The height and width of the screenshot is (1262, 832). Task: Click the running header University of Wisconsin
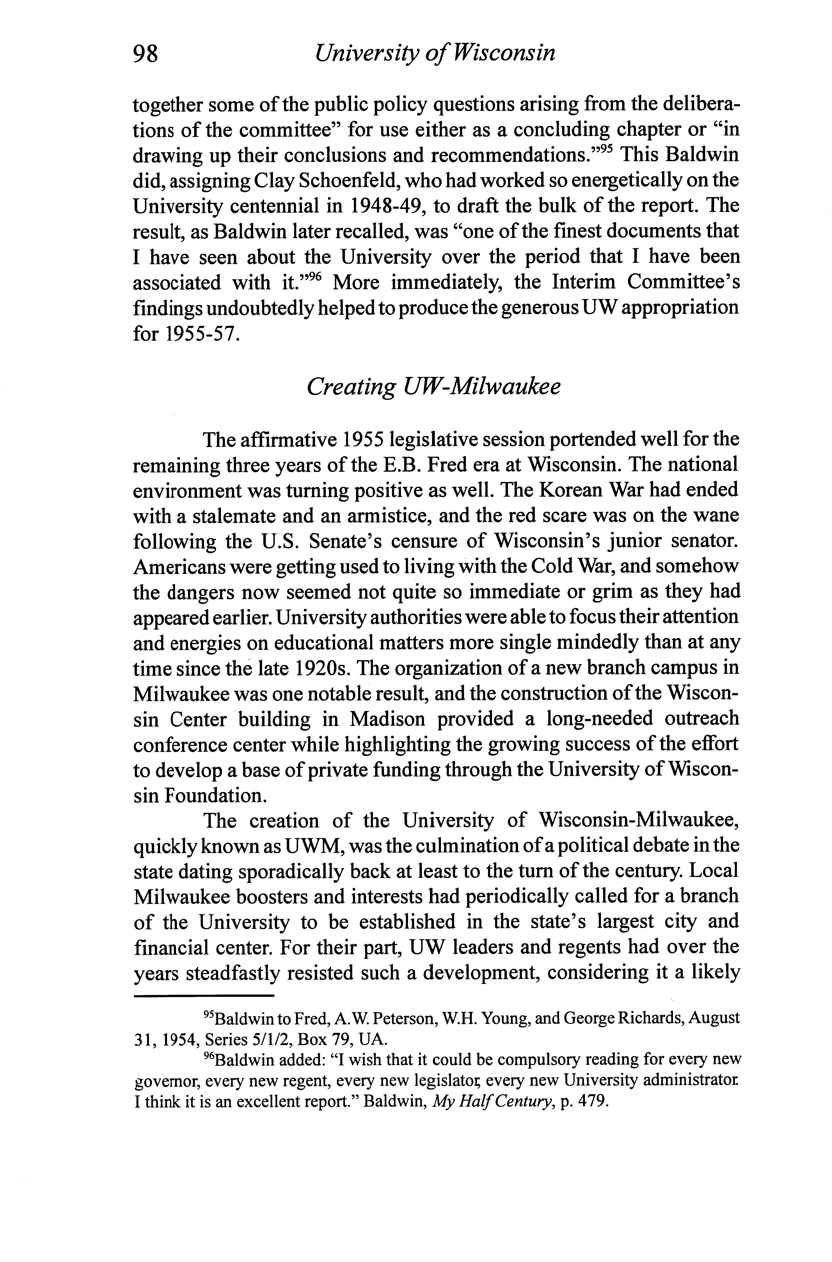tap(434, 53)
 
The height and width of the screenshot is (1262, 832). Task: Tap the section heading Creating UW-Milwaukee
tap(433, 387)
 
